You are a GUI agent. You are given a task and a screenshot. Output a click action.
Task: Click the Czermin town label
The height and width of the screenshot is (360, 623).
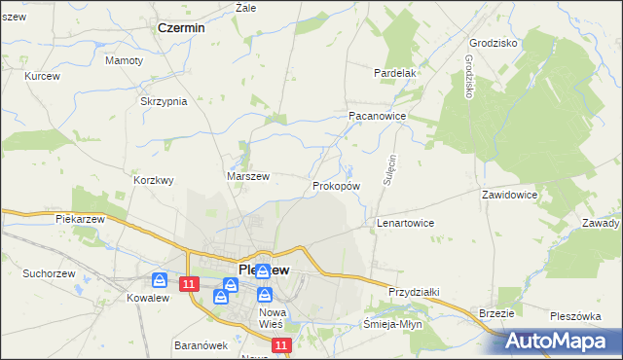pyautogui.click(x=181, y=28)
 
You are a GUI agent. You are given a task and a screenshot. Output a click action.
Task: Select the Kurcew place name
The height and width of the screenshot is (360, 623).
pyautogui.click(x=42, y=76)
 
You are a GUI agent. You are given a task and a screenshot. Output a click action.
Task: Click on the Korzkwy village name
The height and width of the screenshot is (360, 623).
pyautogui.click(x=153, y=180)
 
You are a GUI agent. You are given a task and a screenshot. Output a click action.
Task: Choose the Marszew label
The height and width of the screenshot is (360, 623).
pyautogui.click(x=247, y=176)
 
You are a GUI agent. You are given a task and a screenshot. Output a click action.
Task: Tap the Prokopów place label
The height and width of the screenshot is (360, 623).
pyautogui.click(x=337, y=185)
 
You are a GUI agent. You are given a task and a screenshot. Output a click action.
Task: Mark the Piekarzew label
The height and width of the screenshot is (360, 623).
pyautogui.click(x=80, y=220)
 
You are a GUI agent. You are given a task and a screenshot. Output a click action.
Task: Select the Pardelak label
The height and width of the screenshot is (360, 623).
pyautogui.click(x=396, y=73)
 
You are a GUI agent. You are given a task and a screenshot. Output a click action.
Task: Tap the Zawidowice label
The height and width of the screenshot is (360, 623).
pyautogui.click(x=509, y=195)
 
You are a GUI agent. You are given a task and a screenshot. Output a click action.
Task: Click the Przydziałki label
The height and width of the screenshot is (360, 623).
pyautogui.click(x=416, y=291)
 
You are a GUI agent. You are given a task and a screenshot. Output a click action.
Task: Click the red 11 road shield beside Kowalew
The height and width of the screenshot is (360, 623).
pyautogui.click(x=190, y=283)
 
